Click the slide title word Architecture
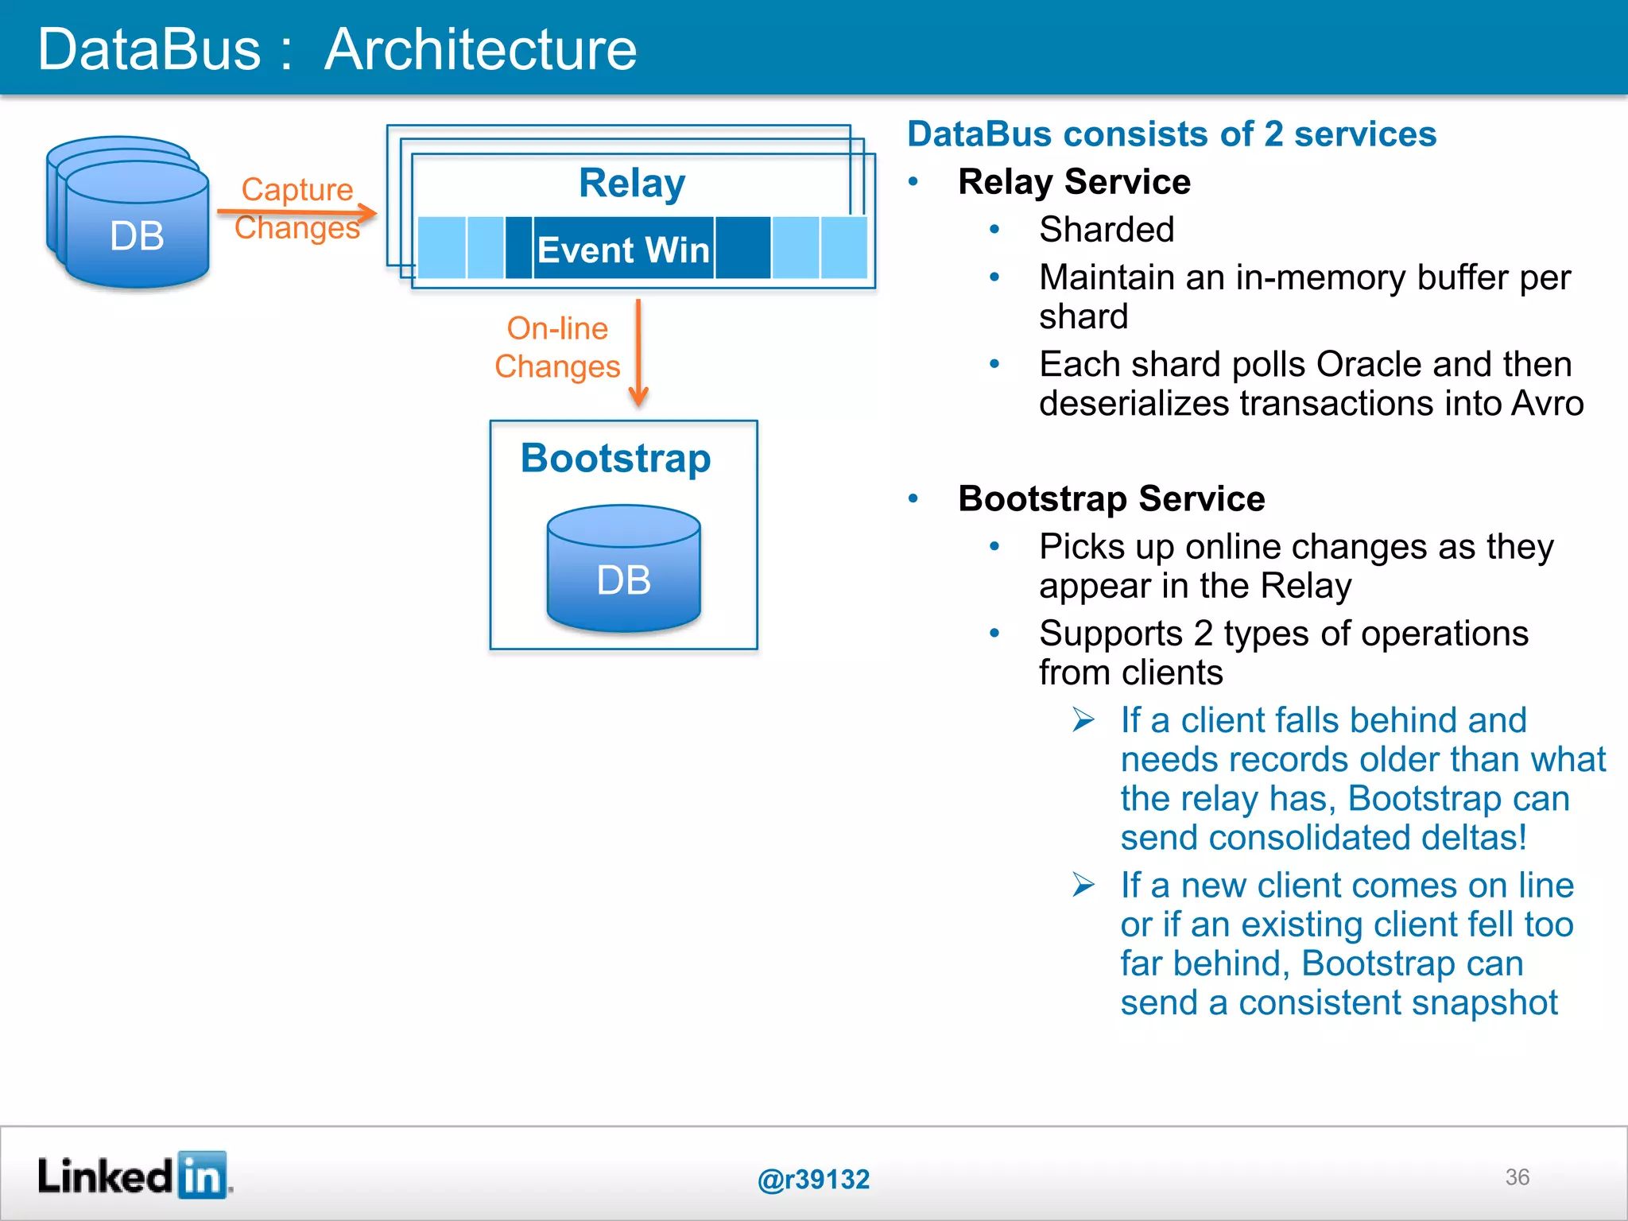tap(480, 49)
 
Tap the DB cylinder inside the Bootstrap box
tap(623, 569)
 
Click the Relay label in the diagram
tap(632, 184)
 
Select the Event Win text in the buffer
tap(623, 250)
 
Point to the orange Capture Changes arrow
tap(297, 212)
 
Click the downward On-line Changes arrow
tap(638, 353)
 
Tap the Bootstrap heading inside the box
tap(615, 459)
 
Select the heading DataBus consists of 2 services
tap(1172, 134)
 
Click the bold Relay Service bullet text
tap(1074, 182)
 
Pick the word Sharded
tap(1107, 230)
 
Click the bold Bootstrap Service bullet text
tap(1111, 499)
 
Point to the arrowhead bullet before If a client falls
tap(1083, 720)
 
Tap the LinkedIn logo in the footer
tap(134, 1176)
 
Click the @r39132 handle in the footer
tap(813, 1179)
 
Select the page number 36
tap(1517, 1177)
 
